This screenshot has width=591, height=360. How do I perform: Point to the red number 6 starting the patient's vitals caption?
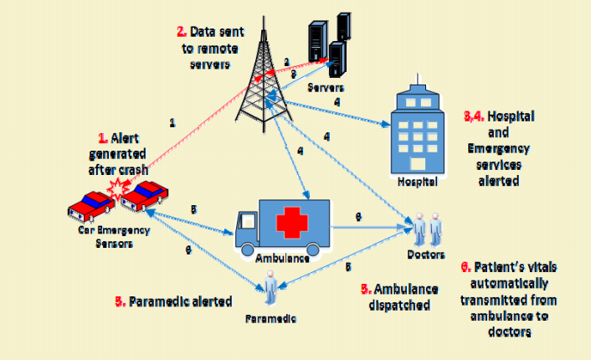pos(465,268)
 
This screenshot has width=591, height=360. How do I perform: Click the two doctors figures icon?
pos(426,228)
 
